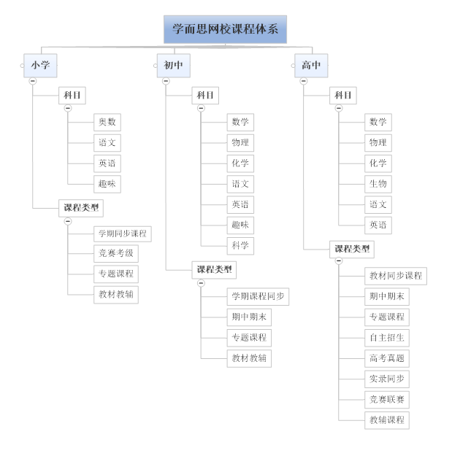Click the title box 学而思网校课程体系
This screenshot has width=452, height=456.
225,30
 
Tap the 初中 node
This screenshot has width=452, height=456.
173,65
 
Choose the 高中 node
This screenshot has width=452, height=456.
311,65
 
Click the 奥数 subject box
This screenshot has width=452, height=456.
107,123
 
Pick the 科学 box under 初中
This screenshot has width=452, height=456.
240,245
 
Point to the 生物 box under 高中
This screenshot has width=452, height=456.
378,184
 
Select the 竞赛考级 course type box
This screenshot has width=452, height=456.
117,254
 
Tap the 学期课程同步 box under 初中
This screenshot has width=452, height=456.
258,296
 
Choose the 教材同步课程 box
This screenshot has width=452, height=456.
396,276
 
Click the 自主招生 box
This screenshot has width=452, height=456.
387,338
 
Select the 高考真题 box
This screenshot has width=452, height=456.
387,358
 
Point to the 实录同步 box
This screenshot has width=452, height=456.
387,379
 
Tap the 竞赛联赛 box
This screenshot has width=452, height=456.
387,399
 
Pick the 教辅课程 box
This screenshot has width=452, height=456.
387,420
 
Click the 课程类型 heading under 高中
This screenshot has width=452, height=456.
352,249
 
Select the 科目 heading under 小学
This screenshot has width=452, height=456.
72,95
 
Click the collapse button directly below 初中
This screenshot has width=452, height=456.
166,81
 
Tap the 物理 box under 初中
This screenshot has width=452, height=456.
240,143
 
